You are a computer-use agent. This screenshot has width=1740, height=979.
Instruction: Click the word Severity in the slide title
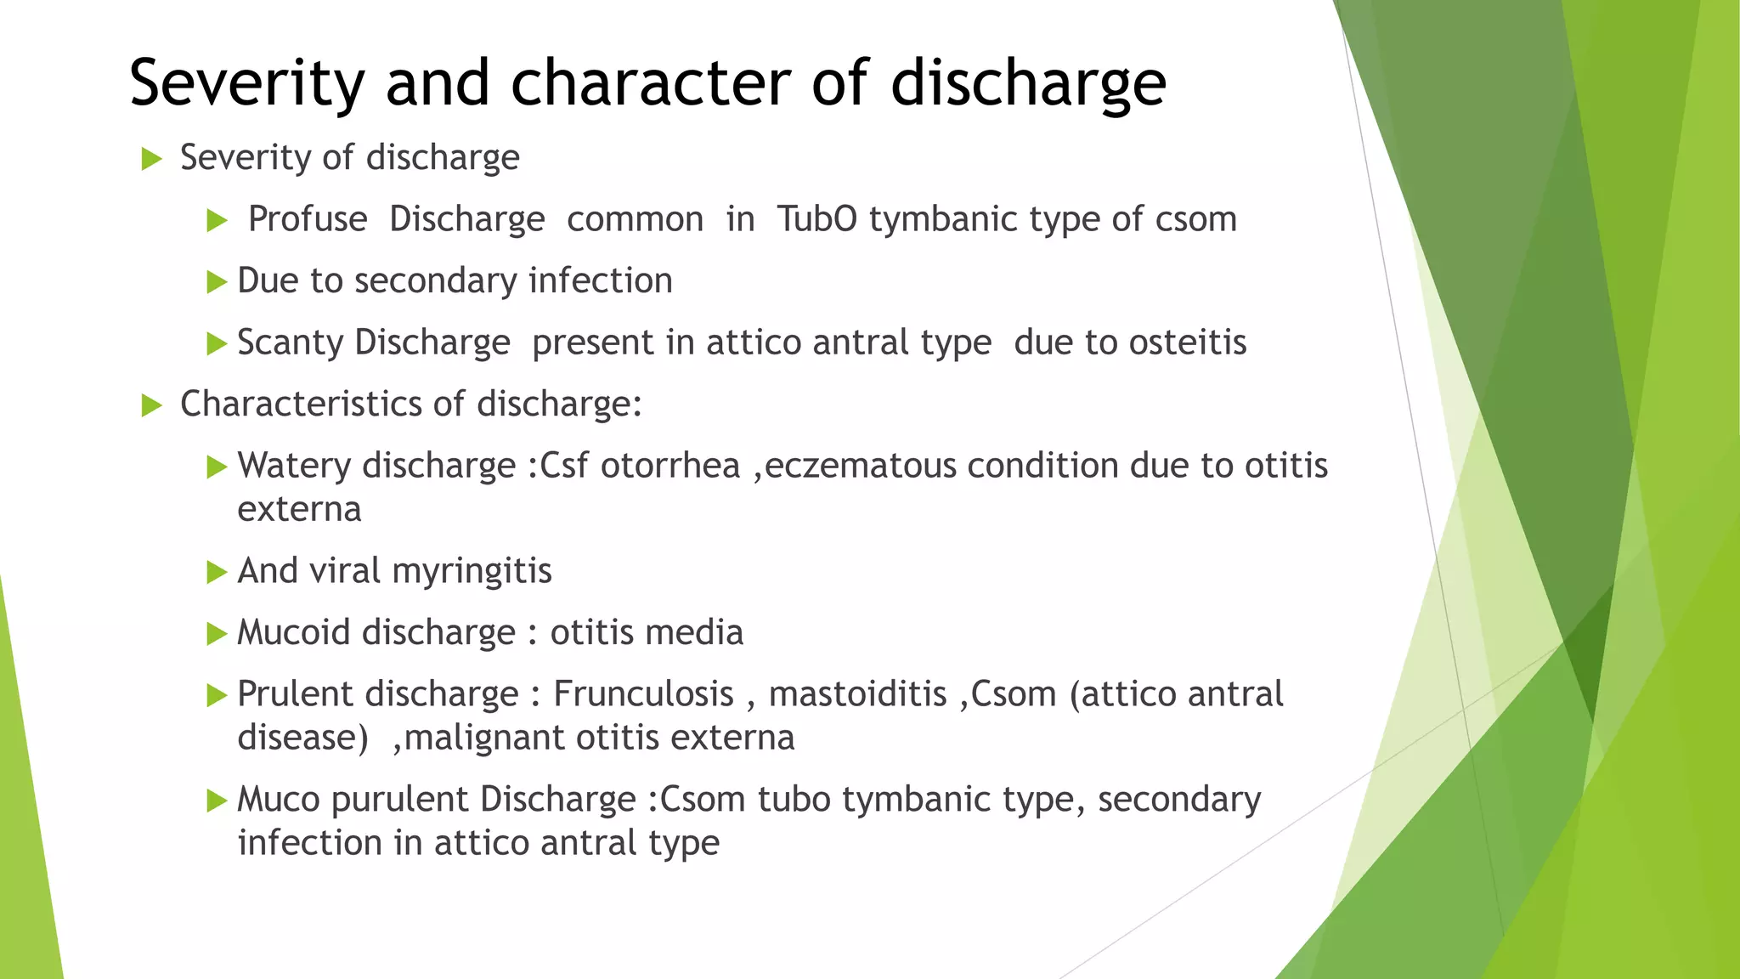point(247,83)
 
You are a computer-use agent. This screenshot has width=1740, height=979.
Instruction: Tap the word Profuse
point(308,219)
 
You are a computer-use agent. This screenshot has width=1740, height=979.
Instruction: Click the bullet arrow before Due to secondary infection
point(217,282)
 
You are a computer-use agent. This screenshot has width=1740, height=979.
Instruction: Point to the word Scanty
point(290,342)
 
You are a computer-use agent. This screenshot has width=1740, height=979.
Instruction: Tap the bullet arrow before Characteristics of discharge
point(151,405)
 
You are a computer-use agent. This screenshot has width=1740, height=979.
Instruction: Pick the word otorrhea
point(670,466)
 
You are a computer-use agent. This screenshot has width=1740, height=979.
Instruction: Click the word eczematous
point(860,466)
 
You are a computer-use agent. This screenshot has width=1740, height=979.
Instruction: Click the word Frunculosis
point(643,694)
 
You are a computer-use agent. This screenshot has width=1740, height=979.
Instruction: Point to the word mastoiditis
point(857,694)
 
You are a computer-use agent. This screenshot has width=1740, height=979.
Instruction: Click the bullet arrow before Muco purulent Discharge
point(217,801)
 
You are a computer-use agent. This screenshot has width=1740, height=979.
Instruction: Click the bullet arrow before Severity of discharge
point(151,159)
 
